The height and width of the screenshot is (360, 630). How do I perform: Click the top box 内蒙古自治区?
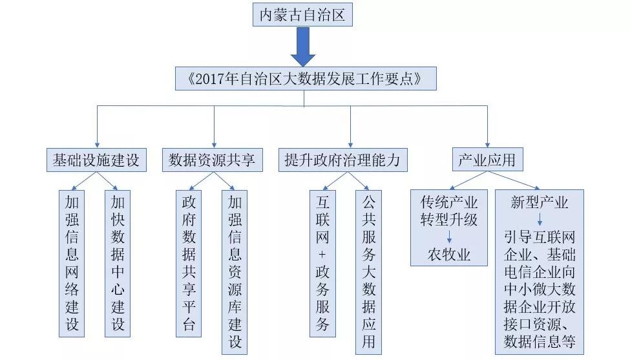302,14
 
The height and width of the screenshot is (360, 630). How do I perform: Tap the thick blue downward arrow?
302,46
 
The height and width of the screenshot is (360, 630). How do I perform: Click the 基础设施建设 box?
96,159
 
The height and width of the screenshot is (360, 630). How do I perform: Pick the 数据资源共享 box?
212,159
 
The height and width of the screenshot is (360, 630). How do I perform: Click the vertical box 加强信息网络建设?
73,262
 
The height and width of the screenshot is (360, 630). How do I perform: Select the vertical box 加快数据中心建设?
118,262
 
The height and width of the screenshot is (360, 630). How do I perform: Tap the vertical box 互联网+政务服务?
323,262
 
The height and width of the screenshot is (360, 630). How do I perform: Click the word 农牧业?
449,254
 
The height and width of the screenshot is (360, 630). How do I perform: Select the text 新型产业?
539,203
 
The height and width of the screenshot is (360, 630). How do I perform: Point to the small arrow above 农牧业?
449,237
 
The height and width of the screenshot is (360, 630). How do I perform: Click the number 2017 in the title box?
209,79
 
